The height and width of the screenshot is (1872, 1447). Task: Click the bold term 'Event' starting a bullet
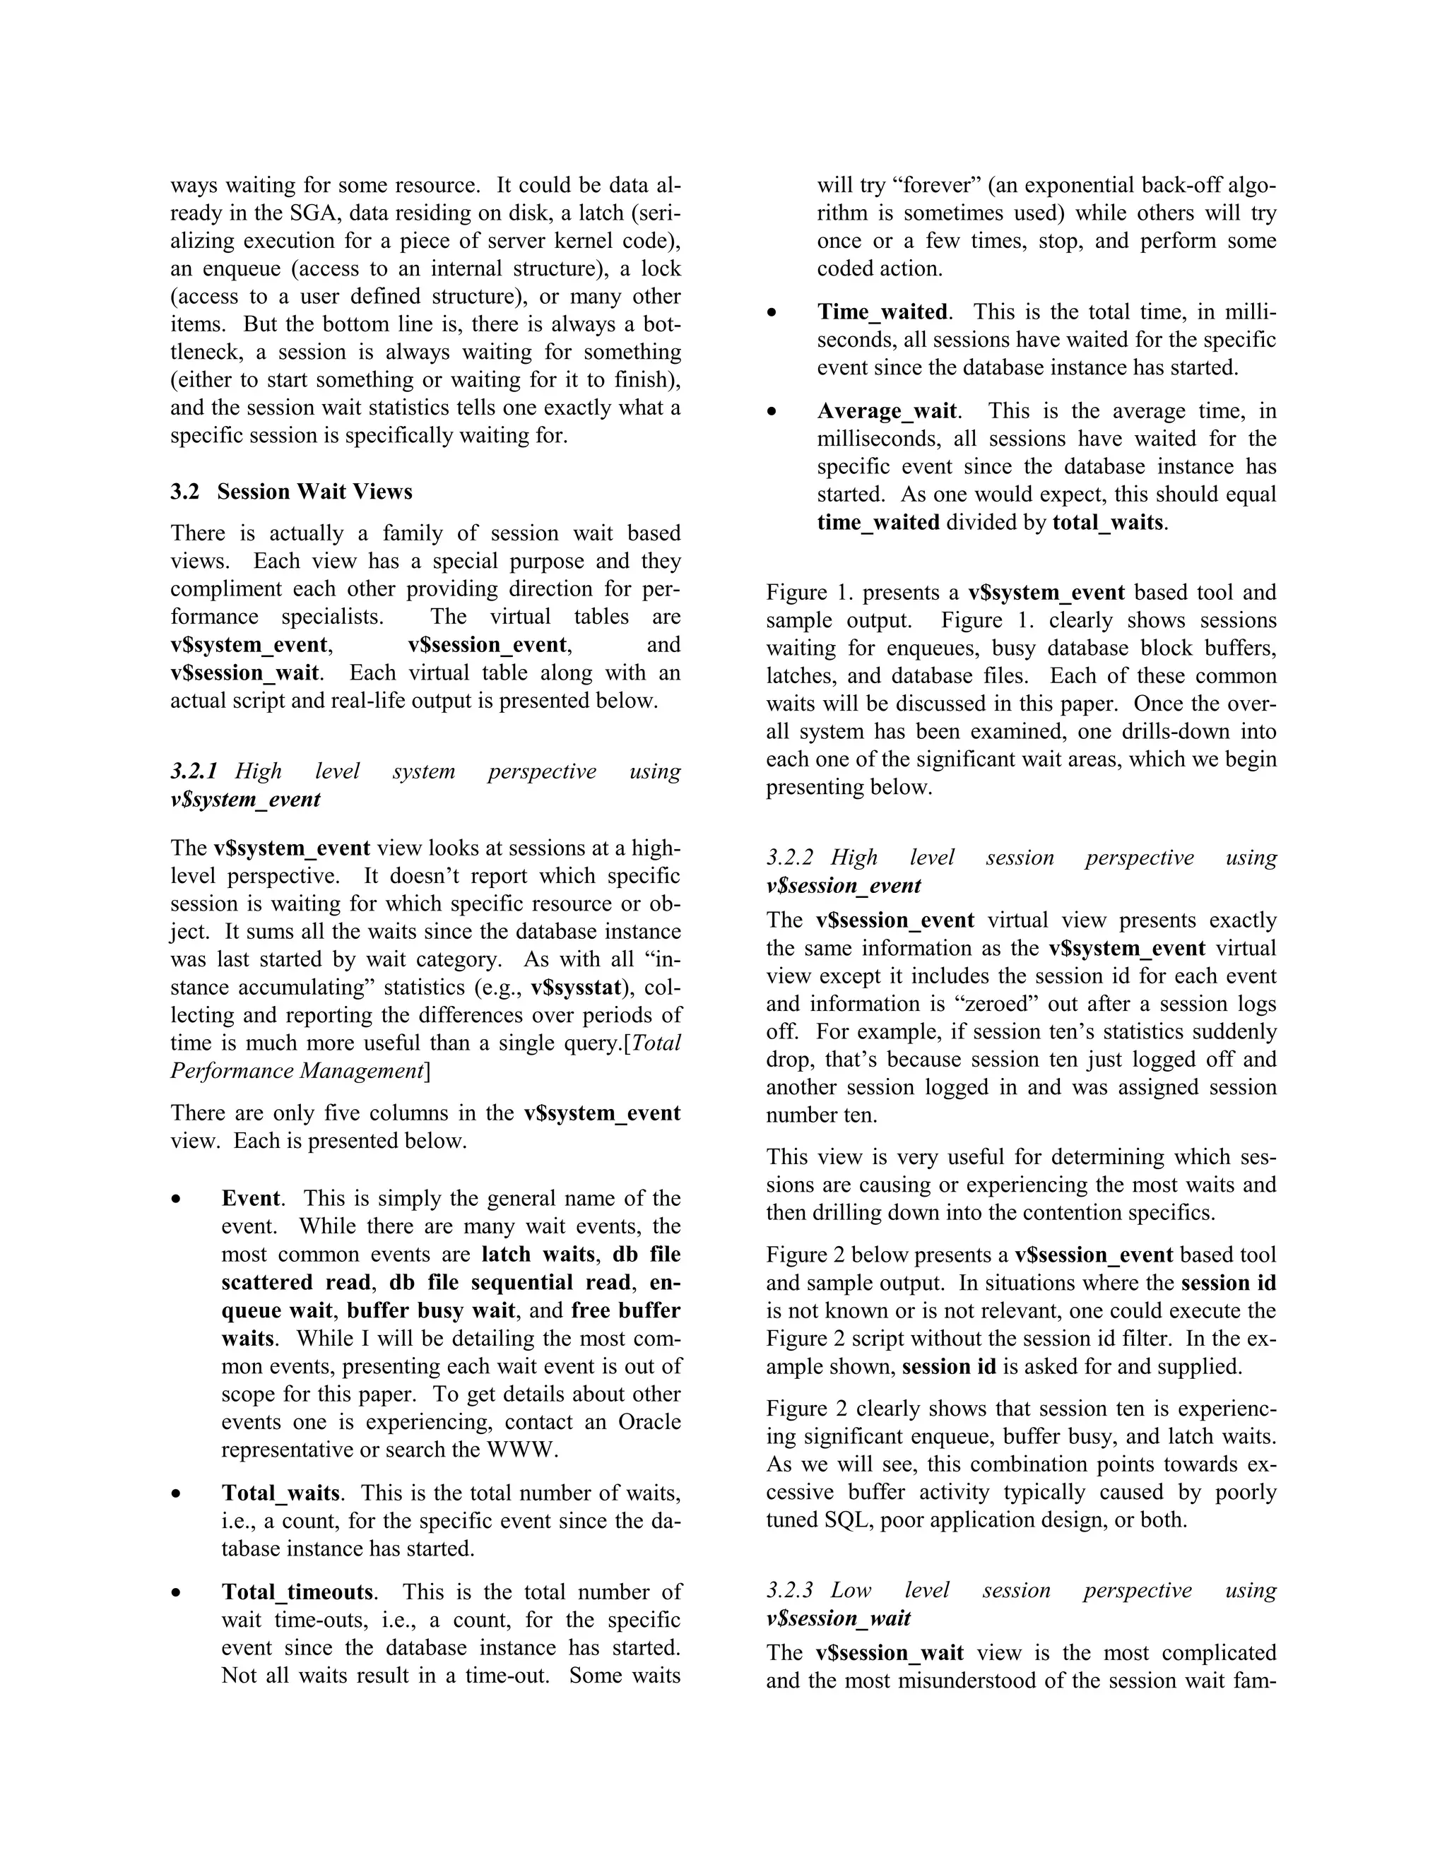pos(250,1198)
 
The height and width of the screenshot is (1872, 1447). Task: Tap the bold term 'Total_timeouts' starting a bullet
pos(297,1592)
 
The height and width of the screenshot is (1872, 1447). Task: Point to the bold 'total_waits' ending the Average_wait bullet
pos(1108,522)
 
